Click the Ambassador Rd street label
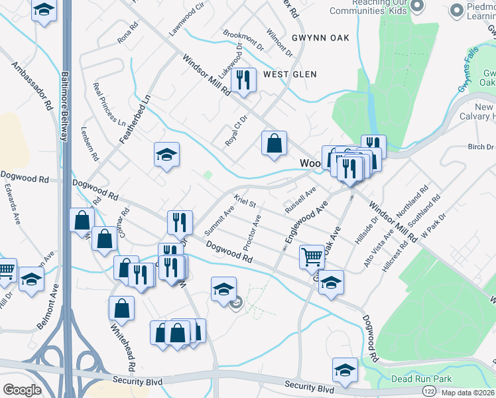click(x=32, y=86)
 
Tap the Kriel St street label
click(x=245, y=202)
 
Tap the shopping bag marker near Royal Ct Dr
click(x=274, y=143)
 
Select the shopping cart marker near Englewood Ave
click(x=312, y=256)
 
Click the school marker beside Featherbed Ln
click(x=166, y=155)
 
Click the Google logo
click(x=22, y=390)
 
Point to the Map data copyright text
click(x=468, y=392)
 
